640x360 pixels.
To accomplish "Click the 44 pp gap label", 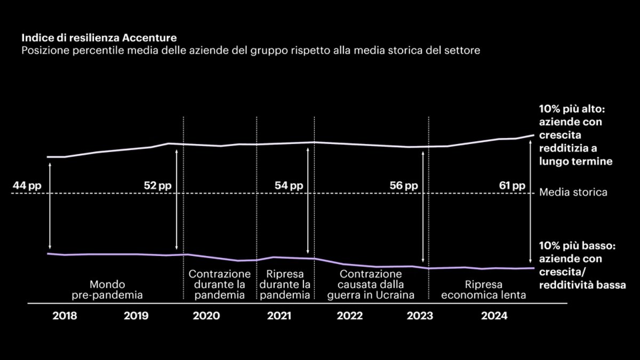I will point(27,186).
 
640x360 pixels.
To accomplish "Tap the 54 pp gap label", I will point(289,186).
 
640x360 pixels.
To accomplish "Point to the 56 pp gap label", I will point(404,186).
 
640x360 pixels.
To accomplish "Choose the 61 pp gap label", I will point(511,186).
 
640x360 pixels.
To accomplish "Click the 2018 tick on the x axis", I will point(65,316).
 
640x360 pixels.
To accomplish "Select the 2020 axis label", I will point(206,316).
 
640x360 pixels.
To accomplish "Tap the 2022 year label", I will point(350,316).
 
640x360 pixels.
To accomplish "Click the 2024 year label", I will point(494,316).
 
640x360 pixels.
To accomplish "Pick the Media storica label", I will point(573,192).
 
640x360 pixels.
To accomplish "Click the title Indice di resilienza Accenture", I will point(99,38).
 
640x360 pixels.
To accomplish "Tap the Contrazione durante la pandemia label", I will point(220,284).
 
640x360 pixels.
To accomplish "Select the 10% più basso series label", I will point(581,266).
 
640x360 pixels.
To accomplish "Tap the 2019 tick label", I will point(137,316).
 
